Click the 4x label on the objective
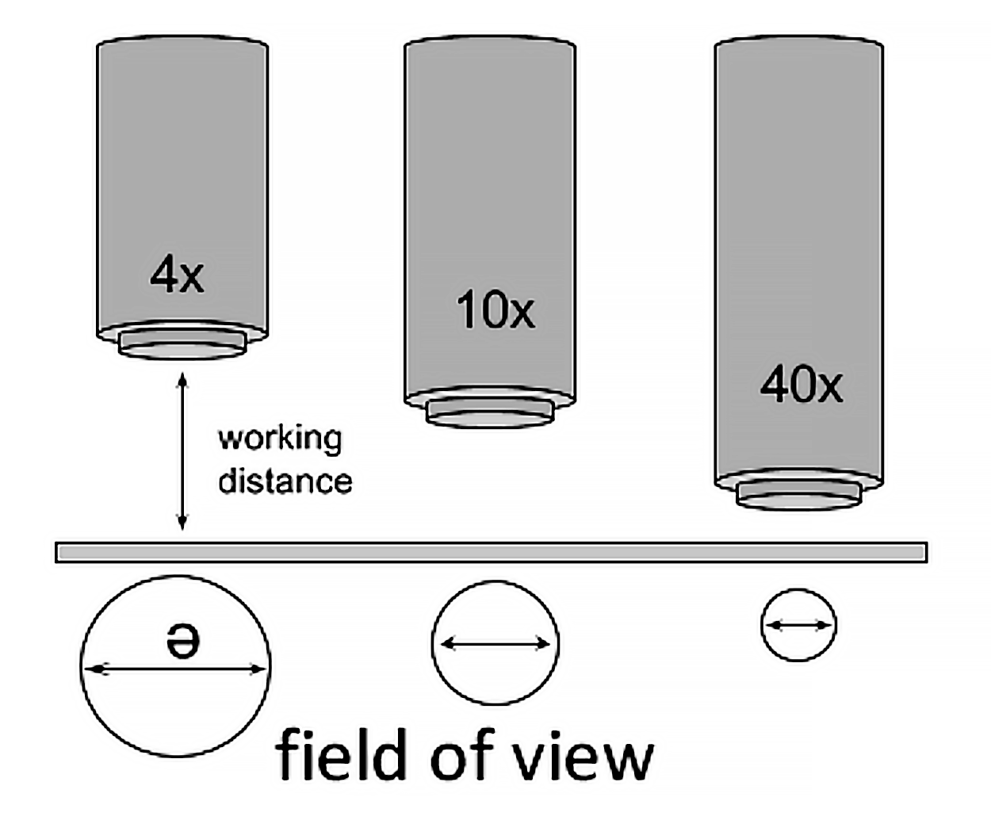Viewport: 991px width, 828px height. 177,275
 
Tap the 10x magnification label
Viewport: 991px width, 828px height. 495,309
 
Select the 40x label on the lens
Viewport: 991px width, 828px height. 801,385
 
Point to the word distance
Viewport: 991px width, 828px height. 285,481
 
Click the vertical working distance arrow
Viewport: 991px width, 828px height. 182,452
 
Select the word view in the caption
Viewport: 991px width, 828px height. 583,756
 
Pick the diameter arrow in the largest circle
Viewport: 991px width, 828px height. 175,669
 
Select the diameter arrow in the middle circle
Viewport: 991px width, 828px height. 495,644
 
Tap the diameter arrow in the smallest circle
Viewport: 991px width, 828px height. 798,626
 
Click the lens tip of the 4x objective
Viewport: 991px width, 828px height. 182,347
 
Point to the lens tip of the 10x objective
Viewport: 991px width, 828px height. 489,413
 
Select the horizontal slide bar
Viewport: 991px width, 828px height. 492,552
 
